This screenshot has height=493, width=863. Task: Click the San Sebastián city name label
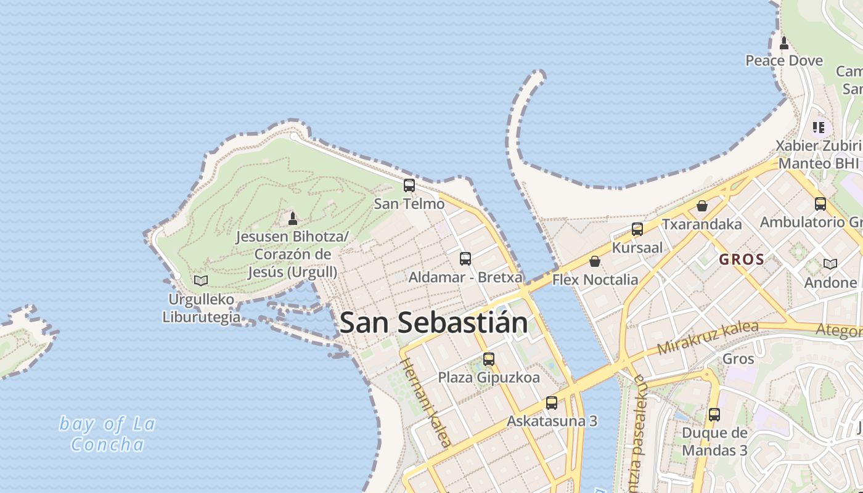433,322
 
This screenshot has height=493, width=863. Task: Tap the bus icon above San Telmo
409,185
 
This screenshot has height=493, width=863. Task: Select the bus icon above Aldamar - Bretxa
465,259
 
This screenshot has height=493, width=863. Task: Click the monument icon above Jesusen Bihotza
293,218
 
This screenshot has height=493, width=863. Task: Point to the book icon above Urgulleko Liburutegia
201,280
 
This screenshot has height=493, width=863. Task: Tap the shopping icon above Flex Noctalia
595,261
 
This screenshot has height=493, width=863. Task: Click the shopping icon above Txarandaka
701,206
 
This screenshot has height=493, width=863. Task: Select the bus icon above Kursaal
637,229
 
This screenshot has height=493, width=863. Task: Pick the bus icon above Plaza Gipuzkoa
489,359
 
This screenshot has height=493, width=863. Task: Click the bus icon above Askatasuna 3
552,403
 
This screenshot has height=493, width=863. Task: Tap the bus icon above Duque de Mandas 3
714,415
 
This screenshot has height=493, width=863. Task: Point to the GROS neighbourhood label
742,259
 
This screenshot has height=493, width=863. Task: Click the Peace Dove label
784,60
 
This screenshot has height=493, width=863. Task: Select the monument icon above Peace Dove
784,43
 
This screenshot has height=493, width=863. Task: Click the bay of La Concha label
107,434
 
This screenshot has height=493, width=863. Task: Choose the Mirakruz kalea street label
707,338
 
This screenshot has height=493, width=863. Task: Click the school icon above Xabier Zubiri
819,128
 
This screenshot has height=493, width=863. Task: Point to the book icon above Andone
830,264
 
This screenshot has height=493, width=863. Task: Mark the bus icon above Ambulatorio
820,203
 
